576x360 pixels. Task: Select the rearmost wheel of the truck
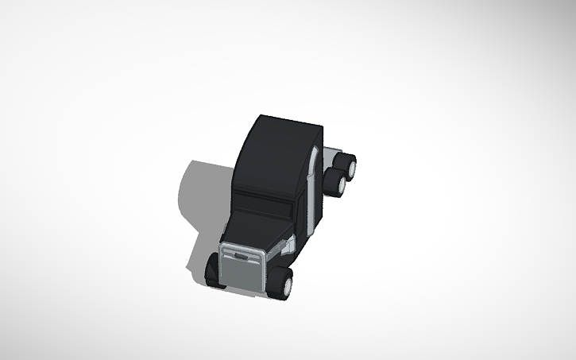point(346,165)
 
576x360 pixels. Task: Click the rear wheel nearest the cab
point(339,185)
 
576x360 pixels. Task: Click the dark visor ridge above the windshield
point(266,192)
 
